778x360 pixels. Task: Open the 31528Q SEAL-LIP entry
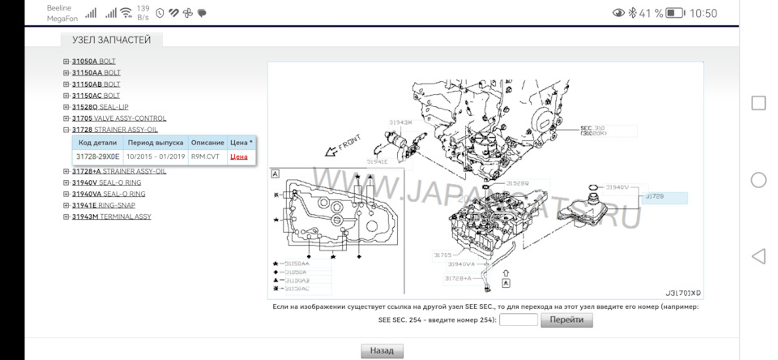coord(100,107)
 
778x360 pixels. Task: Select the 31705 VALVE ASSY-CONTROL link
coord(118,118)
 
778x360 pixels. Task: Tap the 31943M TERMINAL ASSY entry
coord(111,216)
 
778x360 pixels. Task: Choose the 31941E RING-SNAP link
coord(103,205)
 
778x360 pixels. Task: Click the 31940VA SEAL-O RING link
coord(108,194)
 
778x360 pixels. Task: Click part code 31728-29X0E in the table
coord(97,156)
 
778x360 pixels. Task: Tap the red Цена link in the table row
coord(239,156)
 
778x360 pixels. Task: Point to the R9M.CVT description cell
coord(205,156)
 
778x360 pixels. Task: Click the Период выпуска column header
coord(156,143)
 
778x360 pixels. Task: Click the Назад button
coord(382,351)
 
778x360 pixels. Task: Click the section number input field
coord(519,320)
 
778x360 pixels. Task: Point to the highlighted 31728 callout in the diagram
coord(665,197)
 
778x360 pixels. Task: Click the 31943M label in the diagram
coord(400,122)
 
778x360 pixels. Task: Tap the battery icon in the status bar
coord(675,13)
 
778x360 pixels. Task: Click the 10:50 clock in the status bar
coord(703,13)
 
